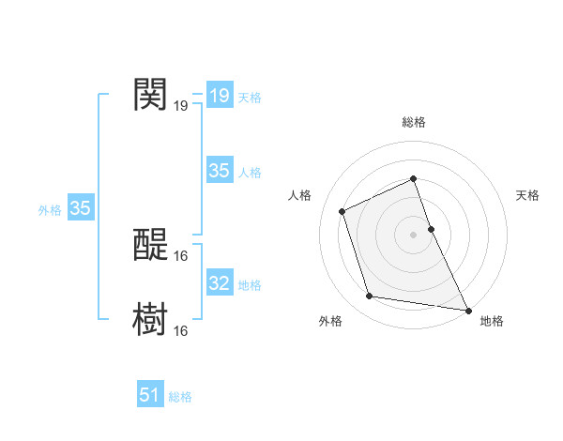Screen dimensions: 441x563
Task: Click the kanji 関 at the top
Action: click(x=150, y=94)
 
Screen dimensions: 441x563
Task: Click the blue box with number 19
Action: click(x=220, y=96)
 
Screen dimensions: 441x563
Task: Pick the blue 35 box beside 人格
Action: click(x=220, y=171)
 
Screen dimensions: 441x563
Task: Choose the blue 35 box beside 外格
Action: click(x=80, y=208)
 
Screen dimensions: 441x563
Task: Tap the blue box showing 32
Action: click(x=220, y=283)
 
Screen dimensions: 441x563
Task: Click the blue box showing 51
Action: click(x=150, y=396)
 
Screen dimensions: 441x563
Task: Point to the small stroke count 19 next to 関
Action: click(x=180, y=106)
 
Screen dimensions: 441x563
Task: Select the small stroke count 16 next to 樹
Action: click(x=181, y=330)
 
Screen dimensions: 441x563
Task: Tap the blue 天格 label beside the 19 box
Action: click(x=250, y=97)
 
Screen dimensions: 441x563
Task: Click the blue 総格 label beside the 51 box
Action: click(x=180, y=397)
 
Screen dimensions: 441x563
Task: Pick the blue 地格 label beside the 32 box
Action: click(x=250, y=284)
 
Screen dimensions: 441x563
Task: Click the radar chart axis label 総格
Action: click(x=414, y=122)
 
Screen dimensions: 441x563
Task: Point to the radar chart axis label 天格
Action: click(x=528, y=195)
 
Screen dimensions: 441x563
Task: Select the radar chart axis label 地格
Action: click(x=492, y=321)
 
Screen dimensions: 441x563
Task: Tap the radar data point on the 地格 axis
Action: click(x=468, y=309)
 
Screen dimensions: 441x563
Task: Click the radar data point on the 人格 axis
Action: click(x=342, y=211)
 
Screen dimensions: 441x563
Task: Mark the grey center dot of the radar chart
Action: click(x=414, y=234)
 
